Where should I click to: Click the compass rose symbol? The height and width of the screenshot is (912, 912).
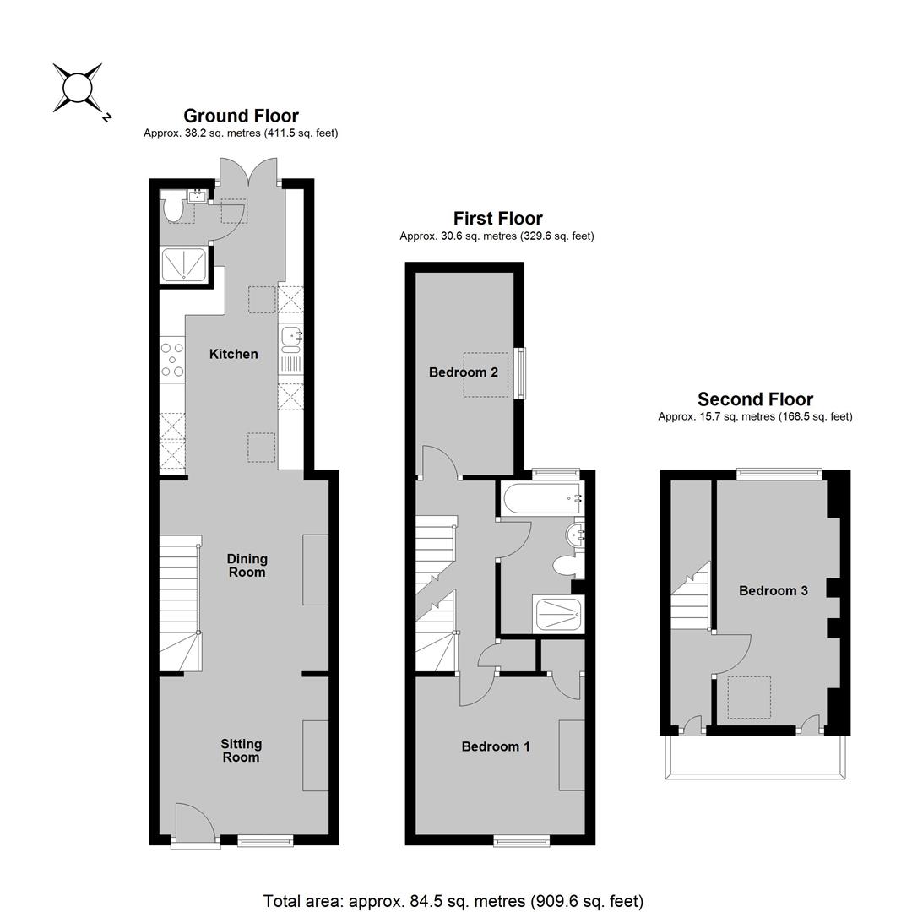[x=78, y=89]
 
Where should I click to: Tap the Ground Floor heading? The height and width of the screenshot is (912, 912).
[x=241, y=116]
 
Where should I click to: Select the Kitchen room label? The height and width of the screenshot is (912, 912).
[x=233, y=354]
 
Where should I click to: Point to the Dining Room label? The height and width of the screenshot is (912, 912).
[x=247, y=565]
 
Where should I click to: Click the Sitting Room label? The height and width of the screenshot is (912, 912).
[x=241, y=751]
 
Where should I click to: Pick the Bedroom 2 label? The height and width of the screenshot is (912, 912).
[x=464, y=372]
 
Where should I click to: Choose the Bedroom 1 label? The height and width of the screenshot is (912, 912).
[x=496, y=746]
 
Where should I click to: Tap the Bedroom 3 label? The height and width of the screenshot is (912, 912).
[x=773, y=591]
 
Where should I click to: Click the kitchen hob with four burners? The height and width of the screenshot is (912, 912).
[x=172, y=360]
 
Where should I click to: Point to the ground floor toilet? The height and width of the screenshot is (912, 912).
[x=173, y=208]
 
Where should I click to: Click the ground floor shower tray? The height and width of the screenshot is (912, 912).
[x=184, y=264]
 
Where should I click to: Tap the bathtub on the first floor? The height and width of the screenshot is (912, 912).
[x=541, y=498]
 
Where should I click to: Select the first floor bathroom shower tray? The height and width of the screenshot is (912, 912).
[x=558, y=615]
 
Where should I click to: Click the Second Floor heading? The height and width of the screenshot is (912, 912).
[x=755, y=399]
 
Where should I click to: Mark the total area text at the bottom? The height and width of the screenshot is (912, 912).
[x=453, y=901]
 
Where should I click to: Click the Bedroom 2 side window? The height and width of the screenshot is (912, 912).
[x=521, y=373]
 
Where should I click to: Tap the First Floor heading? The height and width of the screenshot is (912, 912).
[x=498, y=219]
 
